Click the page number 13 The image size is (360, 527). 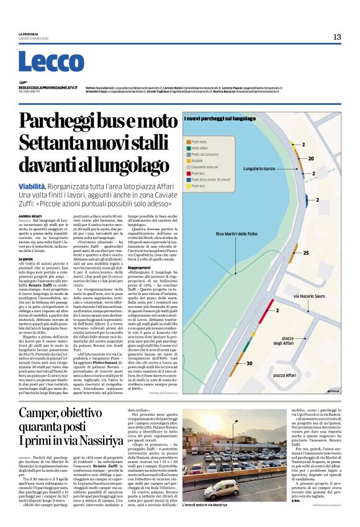click(x=336, y=37)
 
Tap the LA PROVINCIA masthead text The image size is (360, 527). click(x=29, y=34)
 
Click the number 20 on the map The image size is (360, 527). click(x=329, y=158)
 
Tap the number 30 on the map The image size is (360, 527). click(x=249, y=363)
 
